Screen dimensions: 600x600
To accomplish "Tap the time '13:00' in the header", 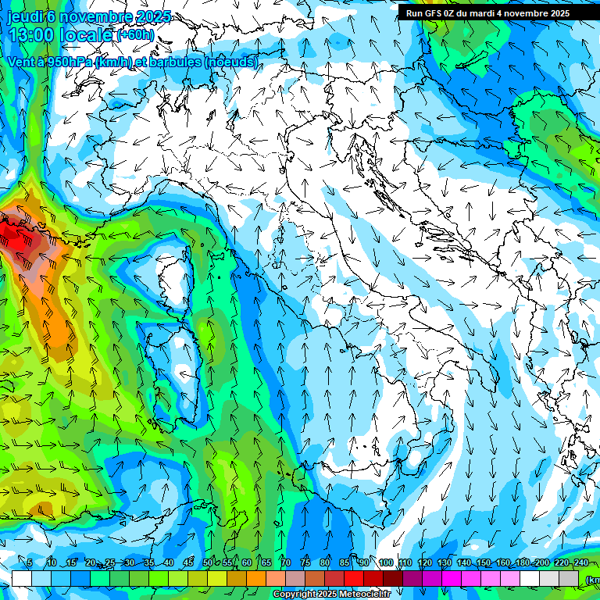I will tap(32, 35).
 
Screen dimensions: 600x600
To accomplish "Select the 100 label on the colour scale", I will tap(386, 562).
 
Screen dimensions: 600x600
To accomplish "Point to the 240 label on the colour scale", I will tap(580, 562).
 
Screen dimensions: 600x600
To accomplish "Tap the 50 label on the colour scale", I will tap(207, 562).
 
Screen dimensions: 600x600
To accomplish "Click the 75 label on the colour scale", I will tap(305, 562).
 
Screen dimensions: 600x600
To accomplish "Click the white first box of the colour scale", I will tap(21, 578).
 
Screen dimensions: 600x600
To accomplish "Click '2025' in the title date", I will tap(155, 16).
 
